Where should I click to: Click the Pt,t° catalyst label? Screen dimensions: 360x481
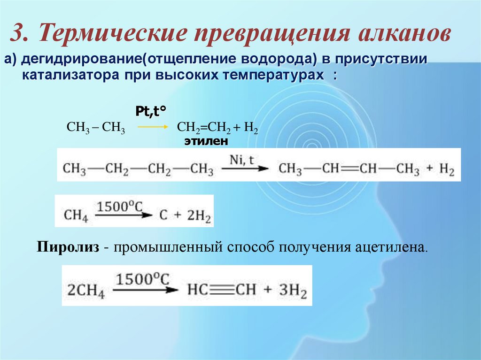151,112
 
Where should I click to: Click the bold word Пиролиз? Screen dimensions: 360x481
68,247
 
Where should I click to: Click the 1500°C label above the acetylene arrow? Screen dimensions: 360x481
143,280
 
